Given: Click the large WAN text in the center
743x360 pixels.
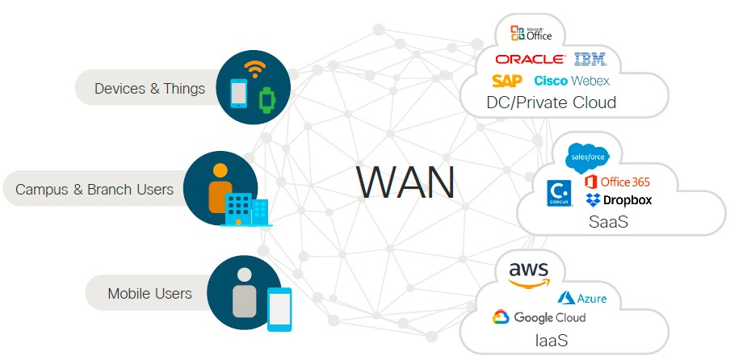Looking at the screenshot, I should [405, 182].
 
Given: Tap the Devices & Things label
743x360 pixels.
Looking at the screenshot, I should [150, 88].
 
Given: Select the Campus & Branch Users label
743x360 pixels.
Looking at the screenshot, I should [94, 190].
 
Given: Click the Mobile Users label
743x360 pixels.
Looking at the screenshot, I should [150, 293].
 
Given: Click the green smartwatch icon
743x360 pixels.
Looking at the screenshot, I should [266, 99].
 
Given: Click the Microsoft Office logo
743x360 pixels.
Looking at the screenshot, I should [531, 33].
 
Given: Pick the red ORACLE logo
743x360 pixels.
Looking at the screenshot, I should [530, 59].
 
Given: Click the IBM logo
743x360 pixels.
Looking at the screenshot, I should [590, 58].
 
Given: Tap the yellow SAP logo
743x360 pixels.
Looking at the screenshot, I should [507, 81].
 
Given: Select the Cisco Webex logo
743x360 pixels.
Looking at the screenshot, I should [572, 81].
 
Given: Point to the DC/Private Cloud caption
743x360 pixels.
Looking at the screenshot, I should [552, 103].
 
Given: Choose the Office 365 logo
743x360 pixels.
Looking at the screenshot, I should [618, 182].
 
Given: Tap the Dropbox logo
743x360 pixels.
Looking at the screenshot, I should [619, 199].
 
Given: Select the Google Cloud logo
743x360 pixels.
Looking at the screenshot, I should [539, 317].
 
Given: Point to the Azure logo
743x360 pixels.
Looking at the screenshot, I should [582, 299].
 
